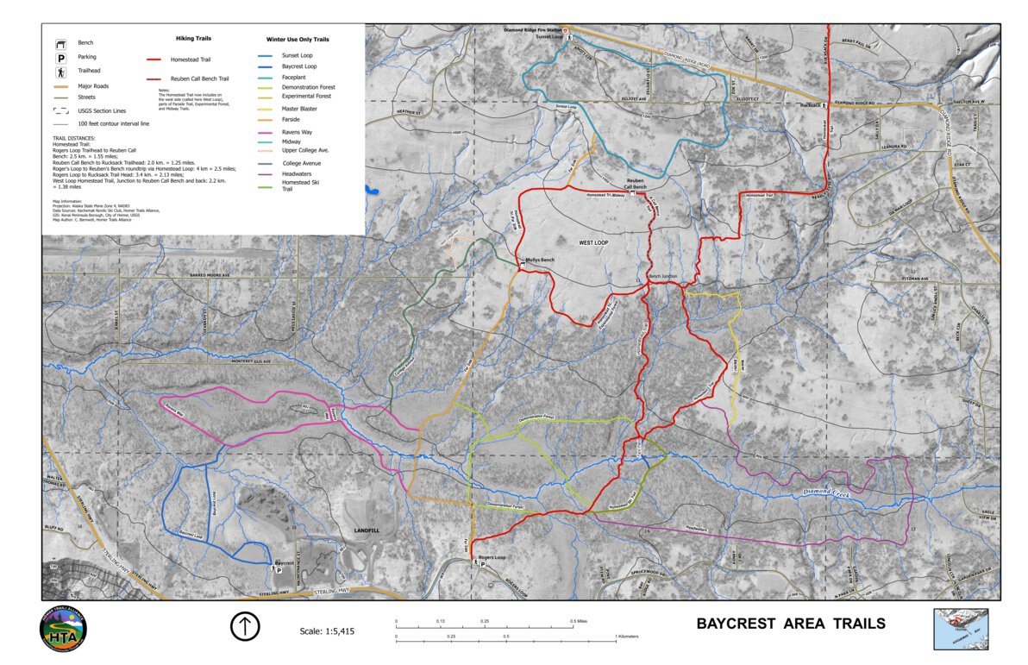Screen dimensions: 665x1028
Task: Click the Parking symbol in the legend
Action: click(x=61, y=57)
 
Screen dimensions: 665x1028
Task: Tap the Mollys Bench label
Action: click(x=540, y=260)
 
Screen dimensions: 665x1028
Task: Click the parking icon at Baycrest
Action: click(x=279, y=569)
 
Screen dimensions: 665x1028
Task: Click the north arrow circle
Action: click(x=245, y=626)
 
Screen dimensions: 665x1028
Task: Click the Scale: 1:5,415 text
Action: click(x=326, y=631)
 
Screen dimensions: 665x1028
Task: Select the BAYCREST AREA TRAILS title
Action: click(x=790, y=624)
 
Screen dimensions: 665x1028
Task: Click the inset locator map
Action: click(x=961, y=629)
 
